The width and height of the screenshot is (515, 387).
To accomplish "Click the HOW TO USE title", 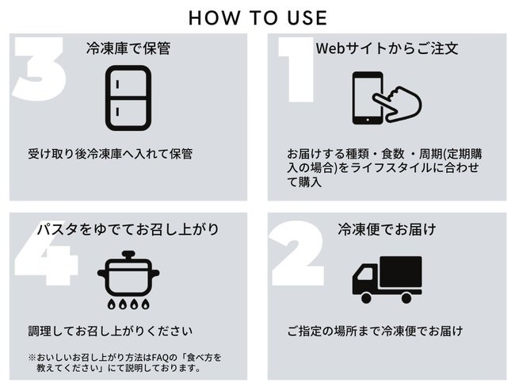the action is pos(257,17).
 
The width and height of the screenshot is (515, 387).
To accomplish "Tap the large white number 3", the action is pos(40,68).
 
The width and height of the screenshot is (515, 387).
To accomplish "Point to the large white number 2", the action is pos(298,253).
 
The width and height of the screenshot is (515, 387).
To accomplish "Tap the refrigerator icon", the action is pos(128,98).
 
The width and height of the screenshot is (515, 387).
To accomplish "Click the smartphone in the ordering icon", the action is pos(367,98).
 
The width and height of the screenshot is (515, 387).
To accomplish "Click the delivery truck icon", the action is pos(387,279).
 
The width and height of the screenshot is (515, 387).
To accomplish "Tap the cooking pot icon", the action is pos(128,279).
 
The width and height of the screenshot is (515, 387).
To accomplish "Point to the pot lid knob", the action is pos(128,255).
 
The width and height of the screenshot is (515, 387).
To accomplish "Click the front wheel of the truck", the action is pos(366,298).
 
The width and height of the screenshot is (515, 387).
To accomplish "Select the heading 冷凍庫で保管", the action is pos(128,48).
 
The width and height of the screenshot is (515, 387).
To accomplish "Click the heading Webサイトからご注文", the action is pos(387,48).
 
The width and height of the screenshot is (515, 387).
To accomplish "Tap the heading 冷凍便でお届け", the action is pos(387,229).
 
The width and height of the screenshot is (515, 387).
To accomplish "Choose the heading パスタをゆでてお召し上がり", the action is pos(128,229).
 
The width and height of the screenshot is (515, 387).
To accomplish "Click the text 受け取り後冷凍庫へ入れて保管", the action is pos(110,154).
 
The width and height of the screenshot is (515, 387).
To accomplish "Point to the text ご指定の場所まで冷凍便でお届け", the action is pos(375,331).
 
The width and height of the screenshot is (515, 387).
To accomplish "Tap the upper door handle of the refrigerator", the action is pos(117,84).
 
